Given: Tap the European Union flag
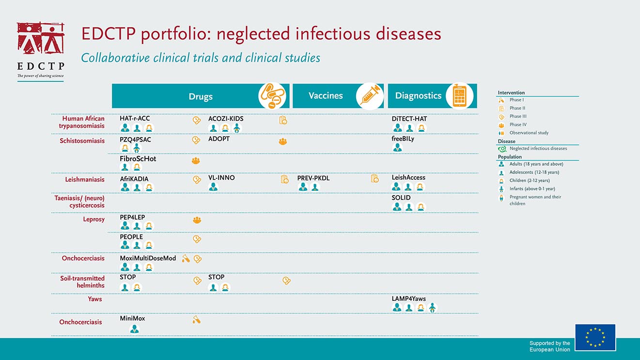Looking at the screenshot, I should click(595, 337).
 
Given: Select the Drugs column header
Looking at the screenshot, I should click(201, 96).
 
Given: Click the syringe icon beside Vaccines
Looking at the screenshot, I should click(370, 96).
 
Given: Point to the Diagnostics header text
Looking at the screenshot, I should click(418, 96).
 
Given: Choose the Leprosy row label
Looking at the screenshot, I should click(94, 219).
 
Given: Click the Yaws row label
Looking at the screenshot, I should click(95, 299).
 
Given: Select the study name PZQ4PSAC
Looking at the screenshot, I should click(135, 140).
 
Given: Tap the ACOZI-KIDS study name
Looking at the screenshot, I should click(226, 119).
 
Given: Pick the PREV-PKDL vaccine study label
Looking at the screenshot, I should click(313, 178).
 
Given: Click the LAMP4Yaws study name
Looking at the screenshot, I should click(408, 299).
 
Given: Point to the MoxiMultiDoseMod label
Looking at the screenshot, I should click(148, 258).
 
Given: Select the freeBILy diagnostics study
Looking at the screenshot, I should click(403, 139).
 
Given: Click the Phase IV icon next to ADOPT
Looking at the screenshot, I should click(283, 141).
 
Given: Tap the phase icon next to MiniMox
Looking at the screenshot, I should click(196, 320).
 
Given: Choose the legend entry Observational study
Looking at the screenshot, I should click(529, 133).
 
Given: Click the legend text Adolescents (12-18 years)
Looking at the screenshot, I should click(534, 172).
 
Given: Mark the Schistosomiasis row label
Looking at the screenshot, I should click(82, 141).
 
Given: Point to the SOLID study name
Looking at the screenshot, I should click(401, 198).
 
